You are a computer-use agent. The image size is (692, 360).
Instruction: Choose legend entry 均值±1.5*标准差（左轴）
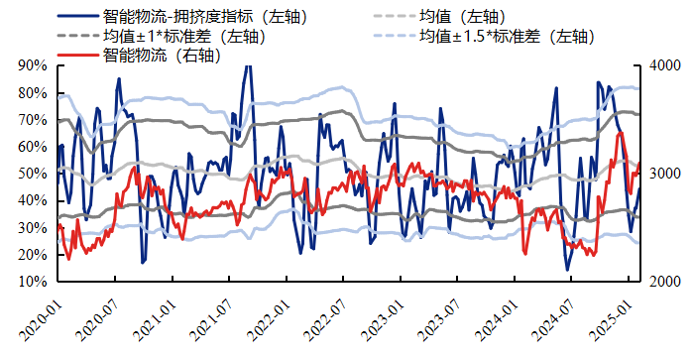[x=506, y=36]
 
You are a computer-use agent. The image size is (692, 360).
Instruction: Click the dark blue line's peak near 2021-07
[x=247, y=66]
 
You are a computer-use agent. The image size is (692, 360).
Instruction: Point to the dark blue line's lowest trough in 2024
[x=568, y=269]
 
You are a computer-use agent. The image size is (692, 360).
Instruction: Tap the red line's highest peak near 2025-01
[x=620, y=133]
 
